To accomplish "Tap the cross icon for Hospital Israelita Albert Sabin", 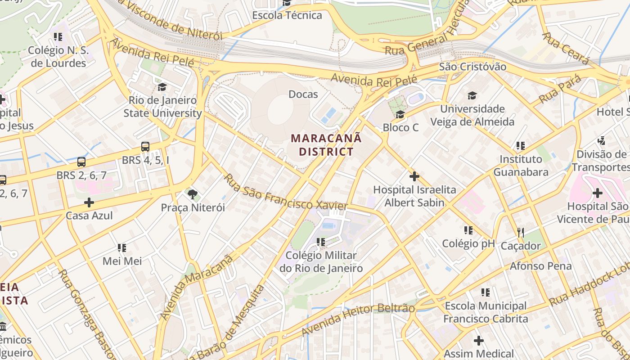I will (414, 176).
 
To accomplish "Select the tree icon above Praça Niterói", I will (193, 194).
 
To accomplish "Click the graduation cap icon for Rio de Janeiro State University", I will (162, 87).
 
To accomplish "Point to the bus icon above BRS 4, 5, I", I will (145, 147).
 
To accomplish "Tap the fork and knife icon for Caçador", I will (521, 232).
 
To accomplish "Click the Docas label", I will (303, 94).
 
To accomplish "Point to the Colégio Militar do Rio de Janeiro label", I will (321, 262).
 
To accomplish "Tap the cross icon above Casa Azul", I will (89, 202).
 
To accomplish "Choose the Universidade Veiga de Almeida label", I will (472, 115).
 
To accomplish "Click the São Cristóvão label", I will (472, 67).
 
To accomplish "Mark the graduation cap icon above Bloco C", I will (400, 115).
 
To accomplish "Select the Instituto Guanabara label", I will (521, 166).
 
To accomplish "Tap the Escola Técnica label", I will (287, 15).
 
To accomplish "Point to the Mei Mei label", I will (122, 261).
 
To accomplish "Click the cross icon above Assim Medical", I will (479, 341).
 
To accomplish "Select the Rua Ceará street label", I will (566, 48).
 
